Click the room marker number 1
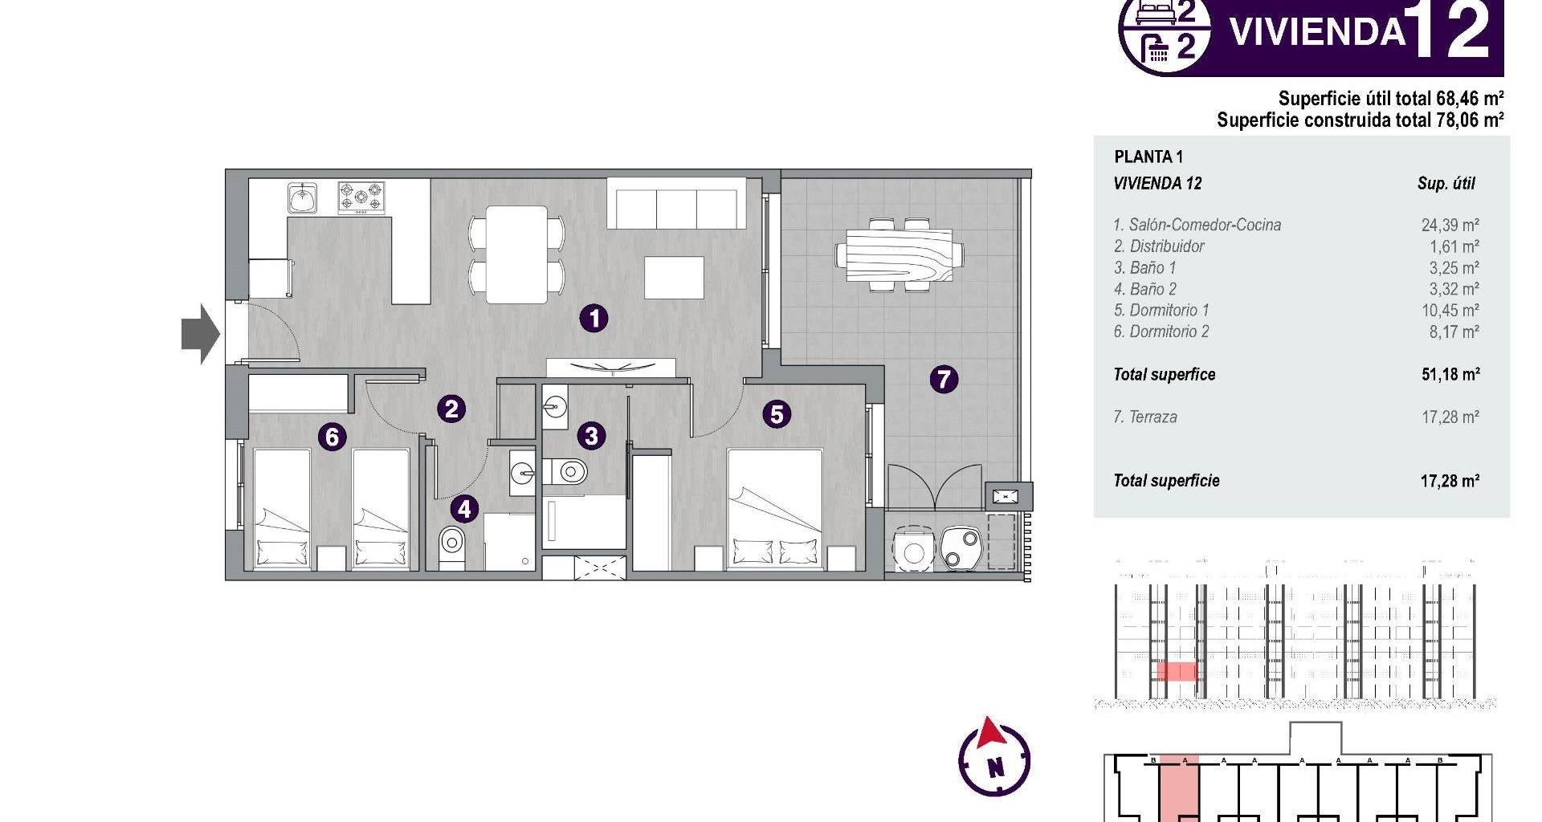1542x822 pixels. point(594,319)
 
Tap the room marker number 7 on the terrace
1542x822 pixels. point(944,378)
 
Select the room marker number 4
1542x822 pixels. point(464,508)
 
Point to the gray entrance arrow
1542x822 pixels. point(201,334)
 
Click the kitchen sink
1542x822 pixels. point(303,197)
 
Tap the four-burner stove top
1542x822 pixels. point(361,197)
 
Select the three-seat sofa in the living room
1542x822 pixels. point(677,204)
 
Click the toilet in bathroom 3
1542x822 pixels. point(567,471)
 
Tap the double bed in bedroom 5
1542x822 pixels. point(775,510)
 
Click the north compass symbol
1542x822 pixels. point(994,758)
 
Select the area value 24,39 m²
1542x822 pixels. point(1450,226)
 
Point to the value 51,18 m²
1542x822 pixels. point(1450,374)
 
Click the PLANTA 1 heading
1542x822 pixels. point(1148,157)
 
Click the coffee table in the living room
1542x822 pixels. point(675,278)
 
